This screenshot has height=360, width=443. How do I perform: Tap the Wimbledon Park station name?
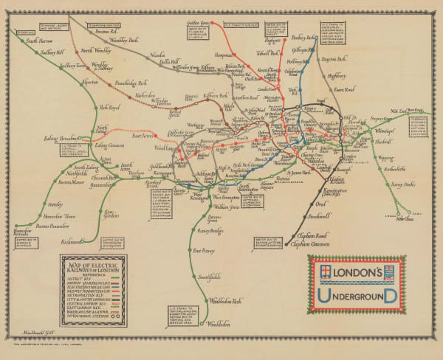[221, 302]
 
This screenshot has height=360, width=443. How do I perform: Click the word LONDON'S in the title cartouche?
[357, 273]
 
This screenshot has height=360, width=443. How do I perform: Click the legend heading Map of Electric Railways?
[92, 266]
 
